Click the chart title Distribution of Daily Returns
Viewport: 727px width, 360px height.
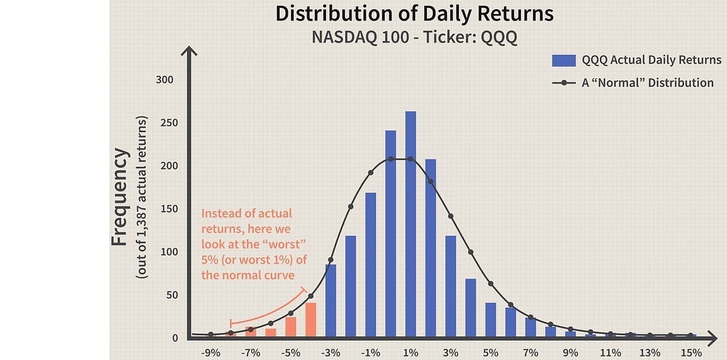(414, 14)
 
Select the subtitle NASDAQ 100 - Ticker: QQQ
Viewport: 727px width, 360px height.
(414, 37)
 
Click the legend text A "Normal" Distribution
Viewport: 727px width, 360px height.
(647, 83)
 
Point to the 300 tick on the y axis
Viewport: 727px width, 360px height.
(164, 80)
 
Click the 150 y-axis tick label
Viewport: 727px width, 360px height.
(164, 209)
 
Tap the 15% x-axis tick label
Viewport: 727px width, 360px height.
(690, 352)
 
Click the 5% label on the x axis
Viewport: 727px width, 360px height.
(491, 352)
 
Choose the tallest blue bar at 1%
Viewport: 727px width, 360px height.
(411, 224)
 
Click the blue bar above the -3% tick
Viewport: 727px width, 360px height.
(330, 301)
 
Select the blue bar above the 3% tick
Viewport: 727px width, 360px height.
(450, 286)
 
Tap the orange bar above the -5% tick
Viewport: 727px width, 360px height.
(291, 326)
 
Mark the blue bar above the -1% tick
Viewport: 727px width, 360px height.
(371, 264)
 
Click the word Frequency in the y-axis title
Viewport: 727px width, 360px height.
(121, 197)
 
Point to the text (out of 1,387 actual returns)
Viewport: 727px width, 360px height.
(142, 197)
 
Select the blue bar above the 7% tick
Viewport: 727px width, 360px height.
(530, 326)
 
